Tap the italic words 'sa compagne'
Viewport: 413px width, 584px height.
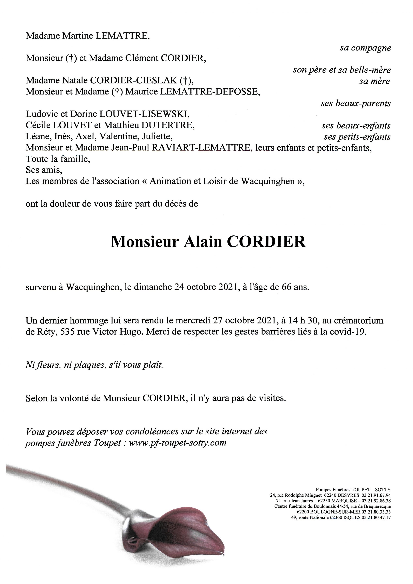pyautogui.click(x=365, y=48)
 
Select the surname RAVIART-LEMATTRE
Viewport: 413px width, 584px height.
pyautogui.click(x=201, y=148)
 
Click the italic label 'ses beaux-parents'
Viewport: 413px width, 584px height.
pyautogui.click(x=356, y=104)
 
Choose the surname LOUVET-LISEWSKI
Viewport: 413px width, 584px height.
pyautogui.click(x=144, y=114)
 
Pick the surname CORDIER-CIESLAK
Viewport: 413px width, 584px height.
pyautogui.click(x=134, y=81)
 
